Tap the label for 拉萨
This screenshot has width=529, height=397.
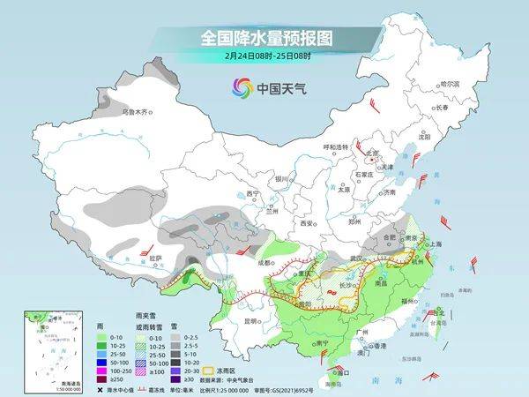155,258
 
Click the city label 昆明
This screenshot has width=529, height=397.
254,320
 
